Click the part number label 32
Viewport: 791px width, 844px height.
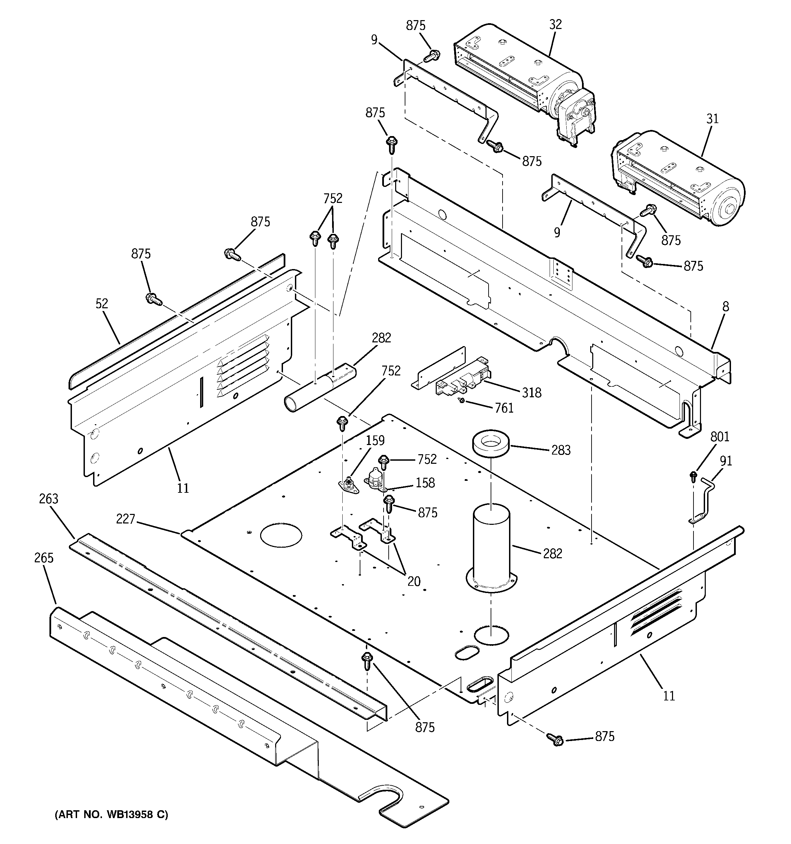tap(555, 25)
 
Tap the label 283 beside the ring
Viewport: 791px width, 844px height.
tap(561, 450)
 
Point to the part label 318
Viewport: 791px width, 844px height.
tap(532, 393)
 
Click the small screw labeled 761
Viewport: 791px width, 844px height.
tap(462, 400)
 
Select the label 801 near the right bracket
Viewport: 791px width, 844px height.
tap(720, 436)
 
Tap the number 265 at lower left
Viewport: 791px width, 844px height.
tap(44, 558)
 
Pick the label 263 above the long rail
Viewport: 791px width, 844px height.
tap(48, 499)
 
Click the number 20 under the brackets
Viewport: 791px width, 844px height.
tap(414, 581)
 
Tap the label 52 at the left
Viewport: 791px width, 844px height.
tap(102, 303)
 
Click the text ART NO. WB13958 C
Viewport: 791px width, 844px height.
tap(111, 815)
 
